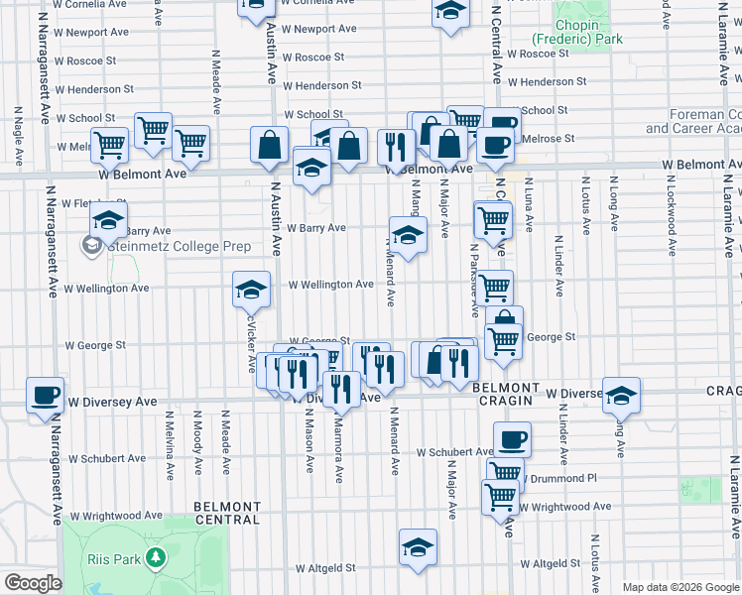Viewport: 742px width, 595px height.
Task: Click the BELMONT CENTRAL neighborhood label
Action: click(x=227, y=513)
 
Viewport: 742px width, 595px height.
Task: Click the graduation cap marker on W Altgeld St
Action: click(x=418, y=546)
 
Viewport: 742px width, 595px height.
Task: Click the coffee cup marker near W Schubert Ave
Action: click(x=512, y=439)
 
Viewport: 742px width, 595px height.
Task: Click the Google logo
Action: click(x=34, y=583)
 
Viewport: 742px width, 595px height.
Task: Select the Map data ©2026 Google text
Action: click(x=680, y=587)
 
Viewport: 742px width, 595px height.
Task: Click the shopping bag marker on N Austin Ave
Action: click(x=269, y=145)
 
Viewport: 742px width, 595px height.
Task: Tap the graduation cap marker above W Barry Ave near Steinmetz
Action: click(x=107, y=221)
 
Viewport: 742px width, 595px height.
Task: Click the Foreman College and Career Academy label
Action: click(x=692, y=122)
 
